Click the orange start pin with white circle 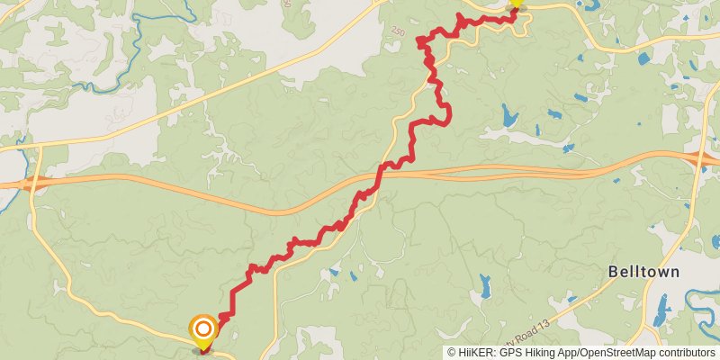tap(204, 330)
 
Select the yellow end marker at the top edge tap(516, 4)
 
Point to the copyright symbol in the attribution tap(452, 353)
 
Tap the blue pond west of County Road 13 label tap(485, 287)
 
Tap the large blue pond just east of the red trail tap(509, 115)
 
